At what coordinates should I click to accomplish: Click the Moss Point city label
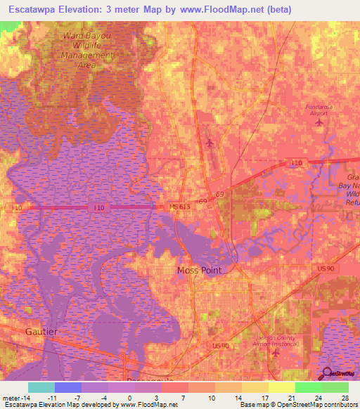pyautogui.click(x=198, y=271)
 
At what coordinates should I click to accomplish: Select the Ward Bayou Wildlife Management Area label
pyautogui.click(x=88, y=48)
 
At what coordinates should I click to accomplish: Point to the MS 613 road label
pyautogui.click(x=179, y=206)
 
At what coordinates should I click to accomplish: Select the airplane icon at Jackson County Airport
pyautogui.click(x=275, y=352)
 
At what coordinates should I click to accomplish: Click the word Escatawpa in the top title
pyautogui.click(x=33, y=9)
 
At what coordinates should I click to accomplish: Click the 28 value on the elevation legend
pyautogui.click(x=345, y=396)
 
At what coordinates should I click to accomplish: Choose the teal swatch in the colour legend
pyautogui.click(x=41, y=387)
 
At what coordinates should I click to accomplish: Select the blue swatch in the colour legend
pyautogui.click(x=68, y=387)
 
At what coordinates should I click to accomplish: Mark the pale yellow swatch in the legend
pyautogui.click(x=282, y=387)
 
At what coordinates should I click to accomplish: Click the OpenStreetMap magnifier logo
pyautogui.click(x=327, y=373)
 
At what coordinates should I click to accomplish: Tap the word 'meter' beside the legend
pyautogui.click(x=10, y=396)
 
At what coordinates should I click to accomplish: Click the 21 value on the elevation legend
pyautogui.click(x=291, y=396)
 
